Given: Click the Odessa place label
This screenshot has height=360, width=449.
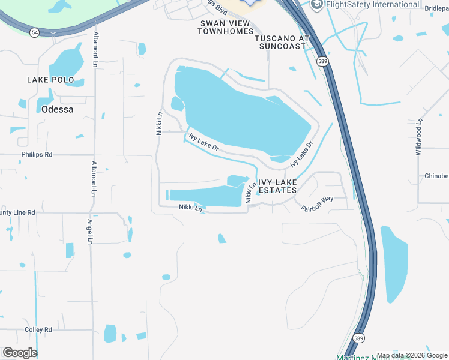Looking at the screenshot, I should (58, 109).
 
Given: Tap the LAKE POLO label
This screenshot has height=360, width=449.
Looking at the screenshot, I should (50, 80).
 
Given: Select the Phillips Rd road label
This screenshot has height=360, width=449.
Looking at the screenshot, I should (37, 155).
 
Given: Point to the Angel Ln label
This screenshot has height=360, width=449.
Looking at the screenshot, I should (89, 231).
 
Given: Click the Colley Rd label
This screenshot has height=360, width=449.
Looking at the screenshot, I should (38, 330).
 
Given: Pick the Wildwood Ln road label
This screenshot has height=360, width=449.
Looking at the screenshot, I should (419, 137).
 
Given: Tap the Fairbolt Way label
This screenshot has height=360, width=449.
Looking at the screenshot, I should (316, 204).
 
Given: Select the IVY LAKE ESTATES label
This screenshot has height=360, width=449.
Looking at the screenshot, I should (277, 186).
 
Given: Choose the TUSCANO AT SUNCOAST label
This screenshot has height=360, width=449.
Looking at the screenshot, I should (282, 41).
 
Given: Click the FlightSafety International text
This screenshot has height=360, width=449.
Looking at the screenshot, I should (372, 5).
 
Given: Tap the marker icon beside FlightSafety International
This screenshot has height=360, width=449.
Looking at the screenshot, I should (316, 5).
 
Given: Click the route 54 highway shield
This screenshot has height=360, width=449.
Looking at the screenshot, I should (35, 33).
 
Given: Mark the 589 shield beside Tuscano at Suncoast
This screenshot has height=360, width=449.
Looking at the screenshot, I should (323, 61).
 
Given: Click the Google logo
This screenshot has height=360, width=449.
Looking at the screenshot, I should (20, 353).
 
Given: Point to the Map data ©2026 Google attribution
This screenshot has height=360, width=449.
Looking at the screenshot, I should (412, 355).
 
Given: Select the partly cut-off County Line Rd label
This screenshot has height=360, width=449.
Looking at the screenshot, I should (17, 212).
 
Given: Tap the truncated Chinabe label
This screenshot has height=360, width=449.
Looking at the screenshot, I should (436, 176).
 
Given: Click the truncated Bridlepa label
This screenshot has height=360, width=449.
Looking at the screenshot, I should (436, 8).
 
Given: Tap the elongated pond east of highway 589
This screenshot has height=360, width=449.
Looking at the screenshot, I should (393, 264).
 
